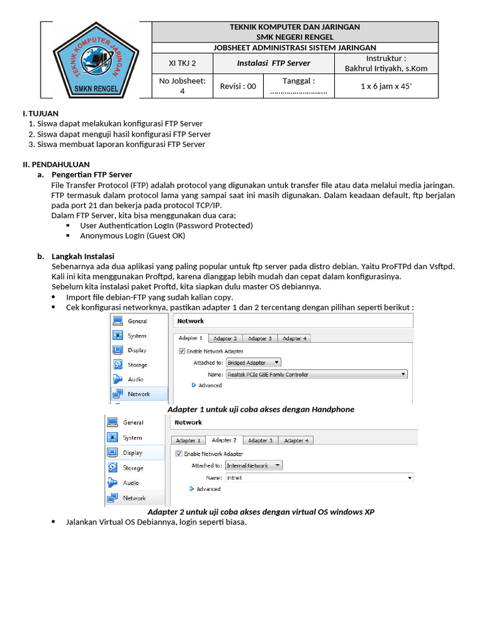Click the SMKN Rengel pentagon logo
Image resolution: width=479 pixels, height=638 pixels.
coord(96,60)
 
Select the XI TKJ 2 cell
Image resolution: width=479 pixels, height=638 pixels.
coord(182,63)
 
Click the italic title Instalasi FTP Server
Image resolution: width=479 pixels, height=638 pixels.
coord(273,63)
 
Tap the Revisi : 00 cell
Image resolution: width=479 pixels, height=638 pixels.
coord(238,86)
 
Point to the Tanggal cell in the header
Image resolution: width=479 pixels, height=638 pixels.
coord(298,86)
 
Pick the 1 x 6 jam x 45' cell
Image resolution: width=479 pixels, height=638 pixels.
coord(385,86)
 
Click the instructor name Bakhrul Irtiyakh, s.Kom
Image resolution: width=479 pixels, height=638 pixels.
coord(386,69)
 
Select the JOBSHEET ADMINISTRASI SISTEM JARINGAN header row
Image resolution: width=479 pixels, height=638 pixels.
coord(294,47)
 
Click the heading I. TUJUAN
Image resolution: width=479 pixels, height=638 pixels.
coord(41,113)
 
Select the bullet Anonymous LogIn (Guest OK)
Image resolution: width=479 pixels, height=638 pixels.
coord(132,236)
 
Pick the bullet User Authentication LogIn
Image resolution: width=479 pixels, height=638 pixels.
coord(166,225)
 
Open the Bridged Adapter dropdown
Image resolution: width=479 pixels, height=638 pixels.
coord(253,362)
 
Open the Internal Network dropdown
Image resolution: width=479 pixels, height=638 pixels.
coord(253,465)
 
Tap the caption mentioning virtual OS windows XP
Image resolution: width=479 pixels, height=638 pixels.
coord(261,512)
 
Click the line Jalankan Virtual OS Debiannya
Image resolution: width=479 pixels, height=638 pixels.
coord(156,522)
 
